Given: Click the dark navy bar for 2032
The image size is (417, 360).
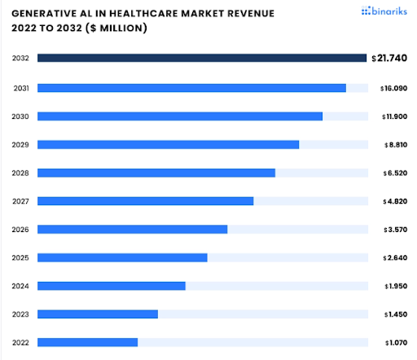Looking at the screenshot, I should point(202,58).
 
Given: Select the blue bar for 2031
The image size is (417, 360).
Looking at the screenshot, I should point(191,88).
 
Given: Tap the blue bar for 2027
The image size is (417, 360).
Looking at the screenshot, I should point(145,201).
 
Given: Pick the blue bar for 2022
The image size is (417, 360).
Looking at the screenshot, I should point(87,342).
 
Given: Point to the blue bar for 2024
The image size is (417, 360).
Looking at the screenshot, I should point(112,286).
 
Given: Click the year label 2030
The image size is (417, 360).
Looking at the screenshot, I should point(21,116).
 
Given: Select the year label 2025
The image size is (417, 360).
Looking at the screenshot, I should point(21,257).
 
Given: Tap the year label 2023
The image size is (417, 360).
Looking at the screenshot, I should point(21,314).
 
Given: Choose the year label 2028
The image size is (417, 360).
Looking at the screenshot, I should point(21,173).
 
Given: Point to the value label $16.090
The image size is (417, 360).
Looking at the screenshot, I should point(393,88).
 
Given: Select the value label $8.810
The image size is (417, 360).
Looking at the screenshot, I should point(395,145).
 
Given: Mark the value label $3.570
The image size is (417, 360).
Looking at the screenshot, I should point(395,230).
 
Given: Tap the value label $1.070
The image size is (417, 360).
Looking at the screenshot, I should point(395,343).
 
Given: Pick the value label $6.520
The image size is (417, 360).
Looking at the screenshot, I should point(395,173).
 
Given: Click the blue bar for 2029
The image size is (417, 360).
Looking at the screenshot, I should point(168,145).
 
